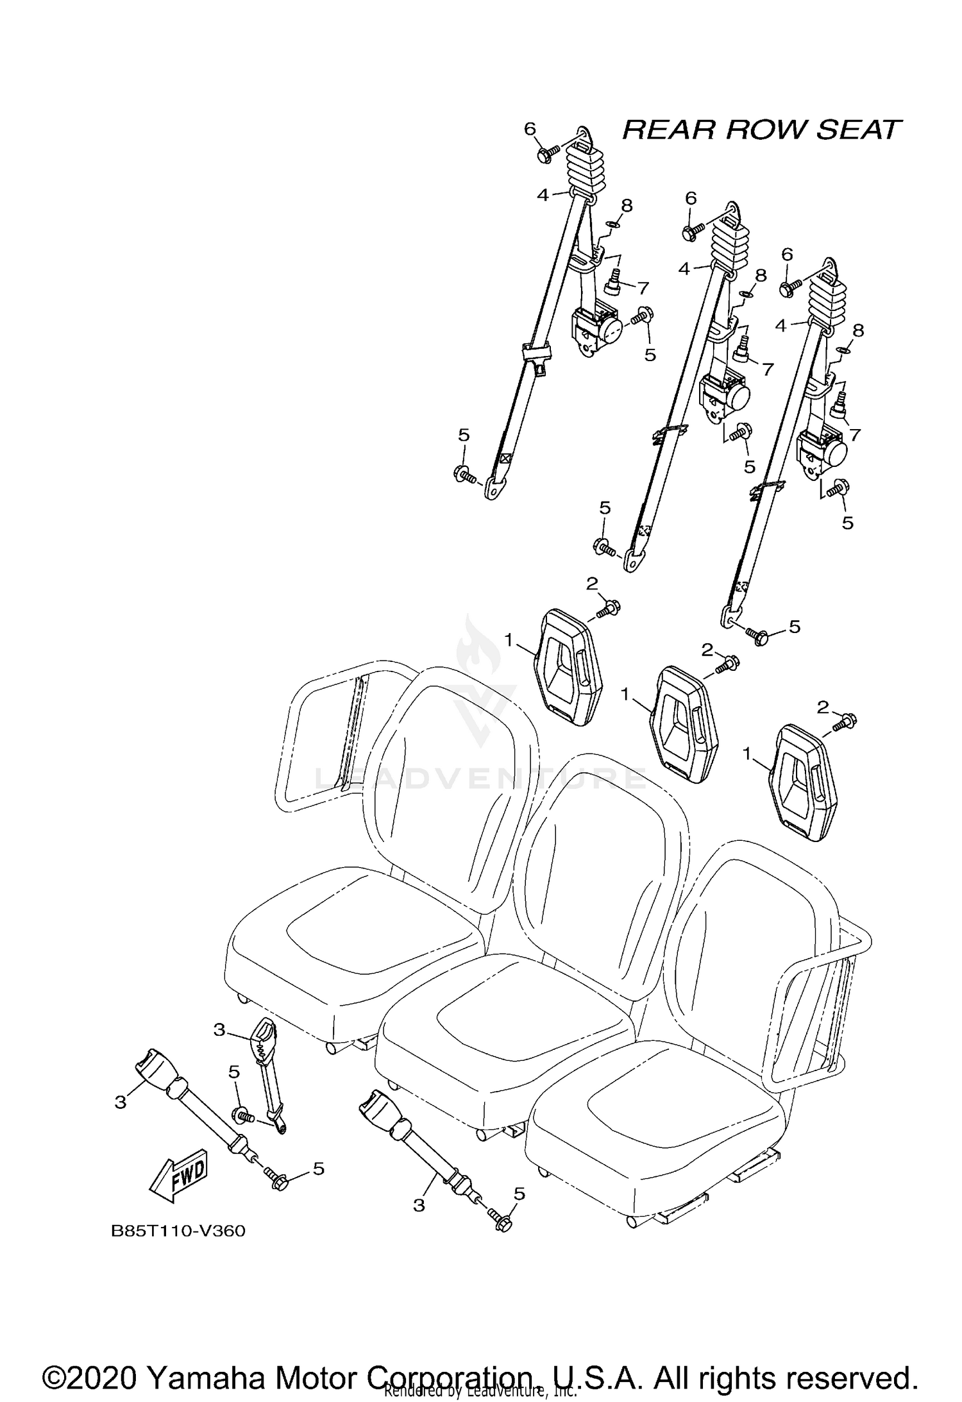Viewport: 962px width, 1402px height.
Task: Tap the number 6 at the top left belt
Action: click(x=530, y=130)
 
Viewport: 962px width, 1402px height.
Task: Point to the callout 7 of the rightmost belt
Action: click(x=854, y=435)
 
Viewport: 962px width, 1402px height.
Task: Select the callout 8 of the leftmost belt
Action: click(x=626, y=206)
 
